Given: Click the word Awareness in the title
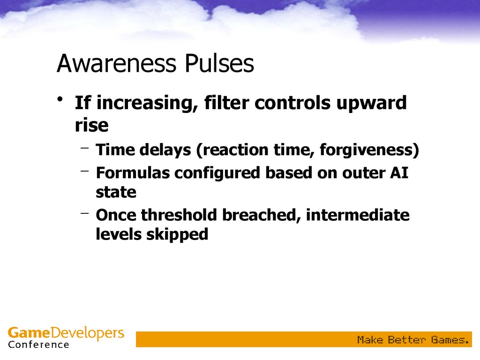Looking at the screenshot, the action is pyautogui.click(x=116, y=63).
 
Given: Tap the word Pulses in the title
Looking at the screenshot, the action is pyautogui.click(x=219, y=63).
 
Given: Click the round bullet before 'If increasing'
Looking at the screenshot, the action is pyautogui.click(x=60, y=99).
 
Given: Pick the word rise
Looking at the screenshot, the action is pyautogui.click(x=91, y=125).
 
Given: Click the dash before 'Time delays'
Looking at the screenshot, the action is pyautogui.click(x=85, y=148).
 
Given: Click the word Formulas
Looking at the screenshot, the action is pyautogui.click(x=133, y=173).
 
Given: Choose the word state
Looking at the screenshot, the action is pyautogui.click(x=116, y=192).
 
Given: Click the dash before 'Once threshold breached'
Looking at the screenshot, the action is pyautogui.click(x=85, y=213).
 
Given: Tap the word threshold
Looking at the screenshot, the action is pyautogui.click(x=179, y=215).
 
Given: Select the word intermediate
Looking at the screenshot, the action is pyautogui.click(x=358, y=215).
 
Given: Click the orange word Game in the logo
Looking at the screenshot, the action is pyautogui.click(x=29, y=332).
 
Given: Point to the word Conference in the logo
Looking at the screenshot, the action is pyautogui.click(x=38, y=345).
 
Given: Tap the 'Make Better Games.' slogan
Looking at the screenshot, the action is pyautogui.click(x=413, y=339).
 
